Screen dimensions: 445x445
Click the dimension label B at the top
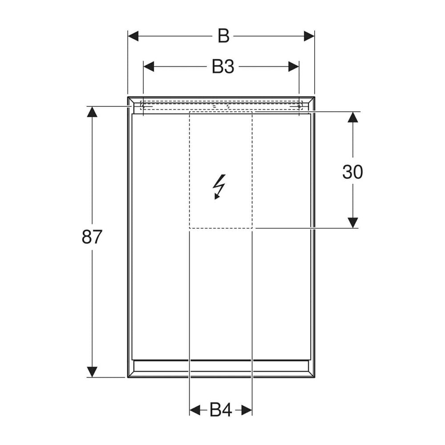tap(223, 36)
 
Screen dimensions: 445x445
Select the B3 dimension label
tap(223, 67)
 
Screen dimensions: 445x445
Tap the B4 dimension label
tap(221, 410)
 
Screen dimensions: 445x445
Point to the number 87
tap(91, 237)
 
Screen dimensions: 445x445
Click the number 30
tap(352, 172)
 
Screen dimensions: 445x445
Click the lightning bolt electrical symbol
tap(219, 187)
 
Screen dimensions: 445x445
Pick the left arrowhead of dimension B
tap(133, 36)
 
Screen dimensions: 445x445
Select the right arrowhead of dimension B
tap(309, 36)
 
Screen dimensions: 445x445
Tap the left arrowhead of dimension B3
tap(149, 67)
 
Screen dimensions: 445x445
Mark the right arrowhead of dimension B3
tap(293, 67)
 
